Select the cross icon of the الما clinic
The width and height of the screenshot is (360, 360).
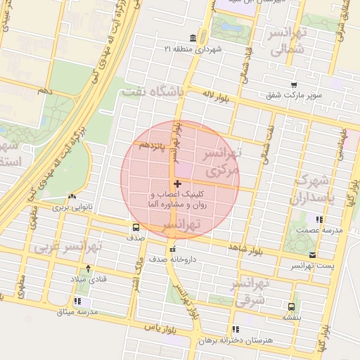pyautogui.click(x=176, y=184)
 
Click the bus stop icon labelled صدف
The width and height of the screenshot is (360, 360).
pyautogui.click(x=135, y=227)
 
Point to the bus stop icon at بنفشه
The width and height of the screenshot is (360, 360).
pyautogui.click(x=291, y=307)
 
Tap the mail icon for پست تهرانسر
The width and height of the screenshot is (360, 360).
pyautogui.click(x=312, y=255)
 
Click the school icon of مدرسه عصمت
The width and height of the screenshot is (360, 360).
pyautogui.click(x=320, y=219)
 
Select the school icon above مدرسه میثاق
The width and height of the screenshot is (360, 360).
pyautogui.click(x=76, y=301)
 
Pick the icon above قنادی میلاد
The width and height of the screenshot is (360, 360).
pyautogui.click(x=88, y=268)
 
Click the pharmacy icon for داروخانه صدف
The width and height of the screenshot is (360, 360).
pyautogui.click(x=172, y=249)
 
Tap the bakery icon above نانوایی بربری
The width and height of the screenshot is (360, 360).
pyautogui.click(x=72, y=197)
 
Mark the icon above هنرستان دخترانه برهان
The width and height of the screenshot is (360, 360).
pyautogui.click(x=235, y=328)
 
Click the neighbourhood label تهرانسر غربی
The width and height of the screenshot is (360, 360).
pyautogui.click(x=68, y=247)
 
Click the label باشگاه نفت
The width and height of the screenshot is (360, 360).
pyautogui.click(x=153, y=91)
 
